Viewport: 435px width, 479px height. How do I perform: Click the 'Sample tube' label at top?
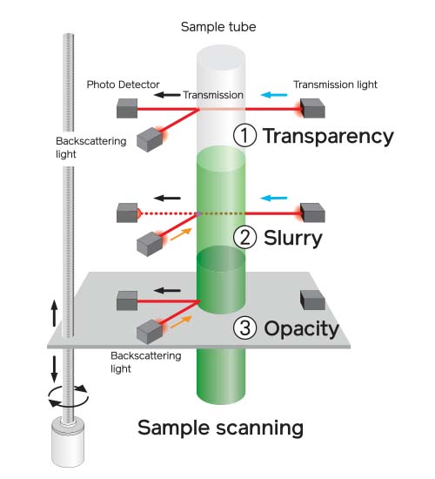tap(218, 27)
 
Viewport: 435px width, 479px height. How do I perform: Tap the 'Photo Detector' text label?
tap(123, 84)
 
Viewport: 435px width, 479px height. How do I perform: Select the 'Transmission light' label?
tap(335, 84)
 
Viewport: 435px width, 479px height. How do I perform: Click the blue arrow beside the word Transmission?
tap(274, 95)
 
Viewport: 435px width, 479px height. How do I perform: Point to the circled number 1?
tap(244, 136)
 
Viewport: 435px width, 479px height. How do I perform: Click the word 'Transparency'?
tap(329, 136)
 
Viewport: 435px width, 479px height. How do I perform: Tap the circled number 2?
tap(244, 238)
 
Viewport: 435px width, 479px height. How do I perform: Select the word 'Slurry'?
tap(293, 239)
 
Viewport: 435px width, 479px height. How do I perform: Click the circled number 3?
tap(244, 327)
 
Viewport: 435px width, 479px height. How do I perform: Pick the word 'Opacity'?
tap(301, 329)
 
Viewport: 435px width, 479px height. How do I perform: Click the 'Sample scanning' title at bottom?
tap(220, 428)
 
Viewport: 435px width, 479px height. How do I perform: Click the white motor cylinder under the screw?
tap(68, 443)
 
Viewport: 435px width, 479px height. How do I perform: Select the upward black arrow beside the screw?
tap(54, 313)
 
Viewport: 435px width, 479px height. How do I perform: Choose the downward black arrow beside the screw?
tap(54, 369)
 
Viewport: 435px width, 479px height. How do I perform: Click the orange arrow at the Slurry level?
tap(181, 234)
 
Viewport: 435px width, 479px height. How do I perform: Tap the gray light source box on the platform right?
tap(312, 300)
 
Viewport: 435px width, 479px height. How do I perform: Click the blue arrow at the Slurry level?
tap(274, 198)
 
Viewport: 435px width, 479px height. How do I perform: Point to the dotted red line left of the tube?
tap(167, 213)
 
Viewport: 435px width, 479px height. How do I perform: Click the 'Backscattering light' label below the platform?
tap(146, 362)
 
